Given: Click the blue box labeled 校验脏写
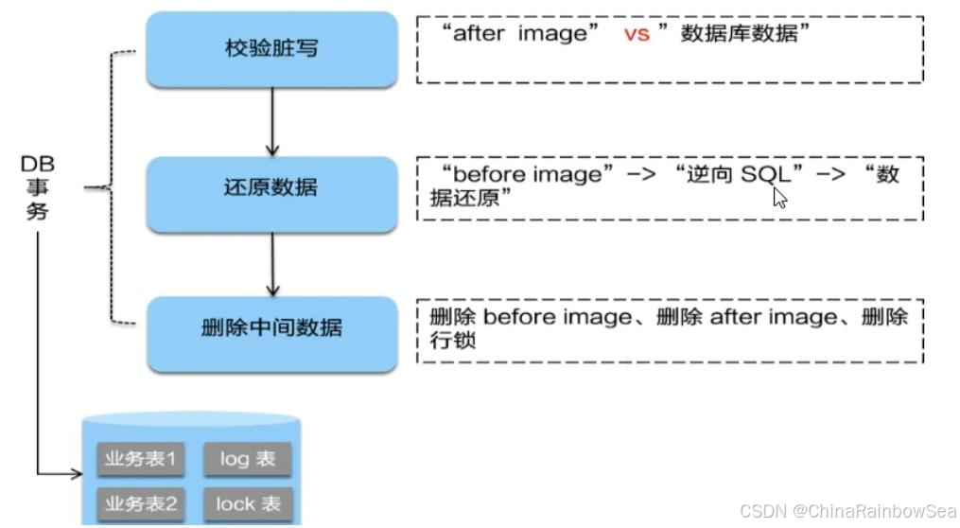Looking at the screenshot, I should coord(271,48).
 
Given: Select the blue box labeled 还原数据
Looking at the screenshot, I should coord(271,187).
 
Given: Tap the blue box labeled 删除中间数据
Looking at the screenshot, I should coord(271,328).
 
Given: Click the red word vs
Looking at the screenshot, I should coord(636,35).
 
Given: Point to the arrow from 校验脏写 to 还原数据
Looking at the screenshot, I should coord(272,121).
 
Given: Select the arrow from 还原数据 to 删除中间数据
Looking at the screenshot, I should coord(272,262).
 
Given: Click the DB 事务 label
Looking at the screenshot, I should coord(36,187).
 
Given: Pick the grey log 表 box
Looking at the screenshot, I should coord(248,460).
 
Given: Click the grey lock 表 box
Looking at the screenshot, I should coord(248,503).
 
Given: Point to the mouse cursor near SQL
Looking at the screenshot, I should coord(778,196).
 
